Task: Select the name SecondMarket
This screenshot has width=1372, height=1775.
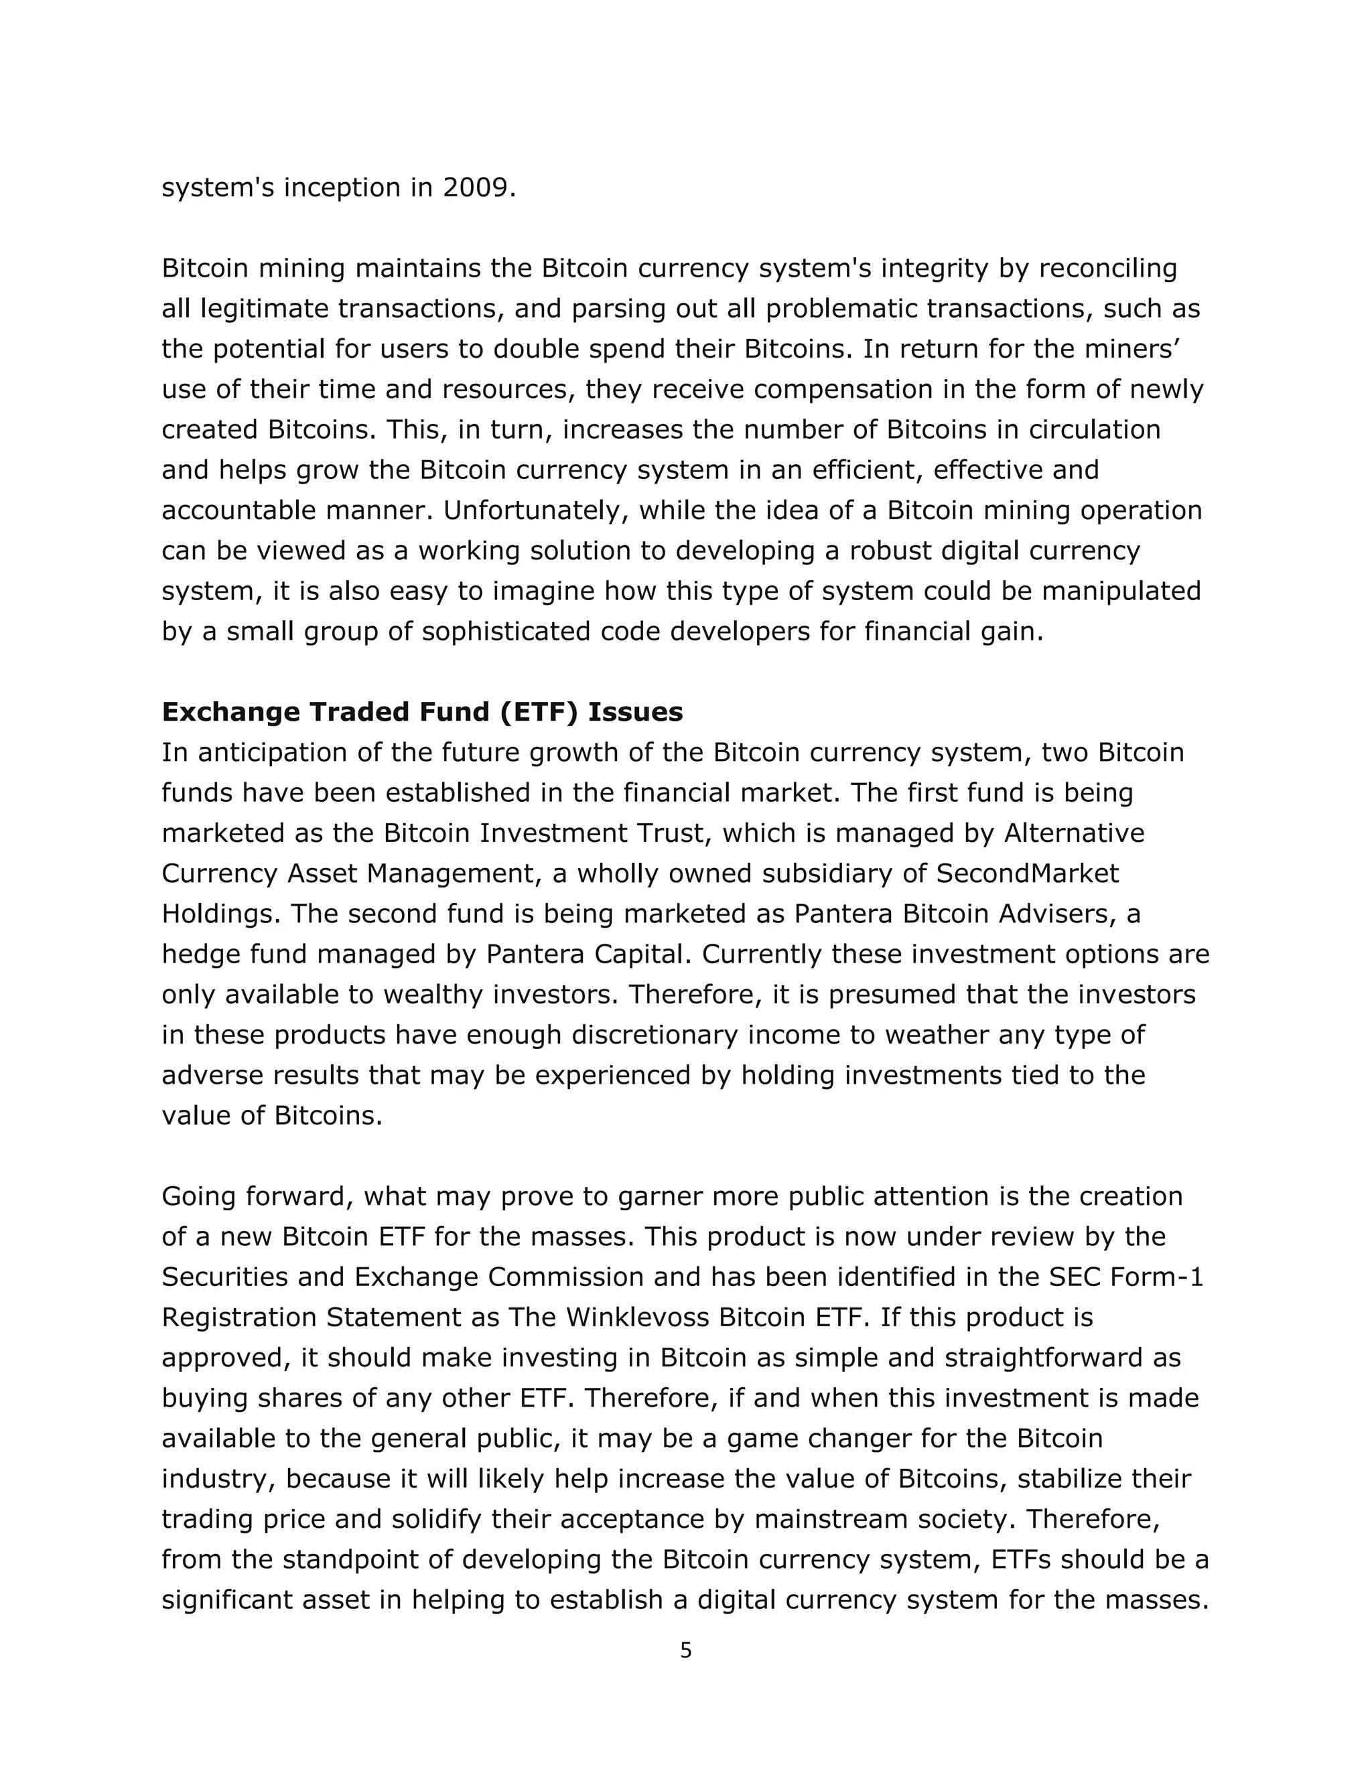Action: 1028,873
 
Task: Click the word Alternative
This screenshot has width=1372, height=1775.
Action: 1075,833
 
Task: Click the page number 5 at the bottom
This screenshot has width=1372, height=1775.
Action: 685,1650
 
